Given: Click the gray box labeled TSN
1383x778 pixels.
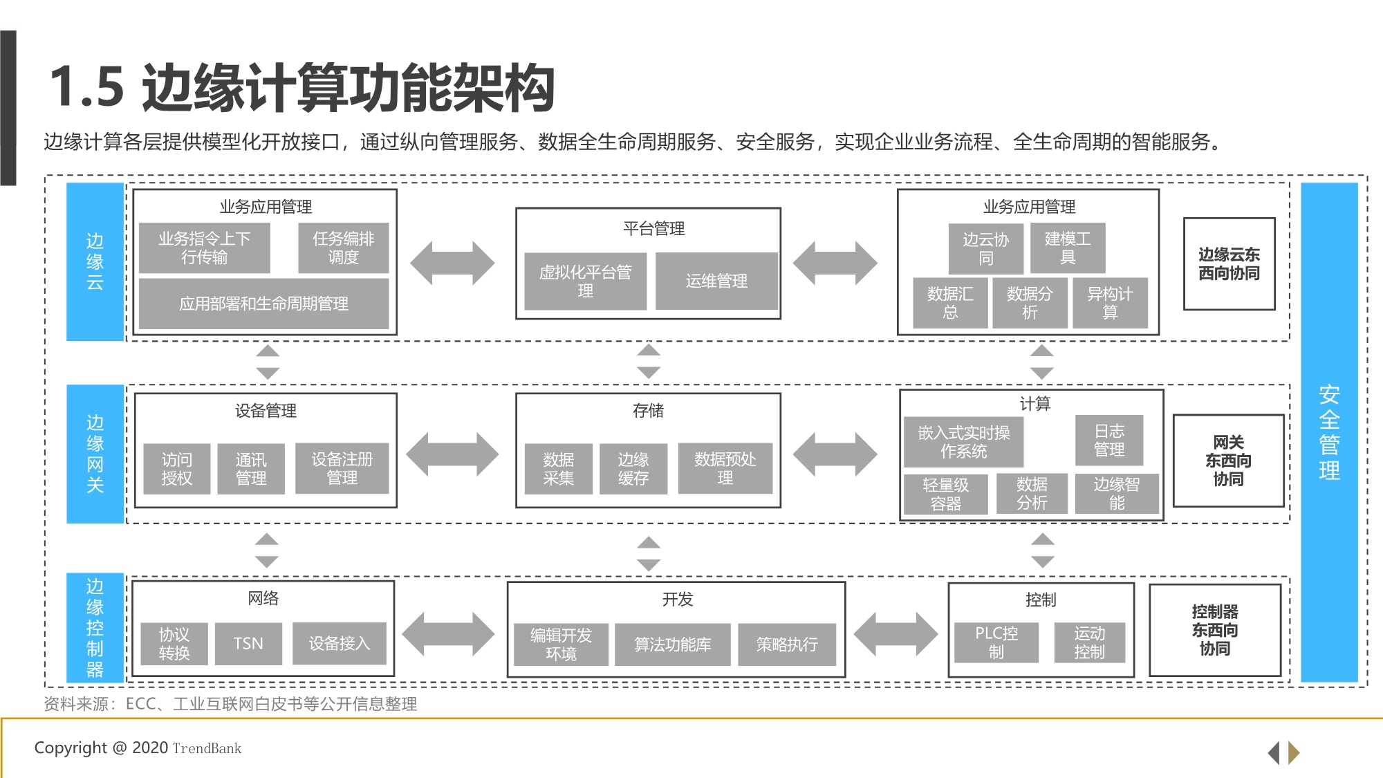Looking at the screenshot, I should pyautogui.click(x=248, y=644).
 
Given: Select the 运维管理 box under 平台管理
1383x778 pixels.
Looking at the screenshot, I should pyautogui.click(x=716, y=281).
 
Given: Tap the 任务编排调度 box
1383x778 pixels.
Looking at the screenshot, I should pyautogui.click(x=343, y=248).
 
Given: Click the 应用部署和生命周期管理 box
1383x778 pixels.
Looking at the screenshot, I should pyautogui.click(x=263, y=304).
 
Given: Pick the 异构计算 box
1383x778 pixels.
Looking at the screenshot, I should pyautogui.click(x=1109, y=303).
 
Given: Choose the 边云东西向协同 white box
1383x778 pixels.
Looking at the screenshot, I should pyautogui.click(x=1229, y=263).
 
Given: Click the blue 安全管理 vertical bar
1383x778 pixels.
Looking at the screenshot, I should pyautogui.click(x=1329, y=432).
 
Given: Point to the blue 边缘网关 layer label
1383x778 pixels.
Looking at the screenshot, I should pyautogui.click(x=95, y=454).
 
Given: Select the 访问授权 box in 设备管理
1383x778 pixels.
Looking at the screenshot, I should pyautogui.click(x=176, y=469).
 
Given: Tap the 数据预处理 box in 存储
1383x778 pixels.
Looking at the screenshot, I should pyautogui.click(x=725, y=468).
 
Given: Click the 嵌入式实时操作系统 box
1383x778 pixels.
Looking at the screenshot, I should pyautogui.click(x=963, y=442).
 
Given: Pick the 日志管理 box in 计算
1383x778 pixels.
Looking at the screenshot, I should pyautogui.click(x=1108, y=441).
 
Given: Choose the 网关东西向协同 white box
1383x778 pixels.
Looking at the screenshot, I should pyautogui.click(x=1228, y=461).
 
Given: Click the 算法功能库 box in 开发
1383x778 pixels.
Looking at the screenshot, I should pyautogui.click(x=672, y=645).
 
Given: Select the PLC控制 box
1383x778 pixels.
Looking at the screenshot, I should pyautogui.click(x=996, y=642).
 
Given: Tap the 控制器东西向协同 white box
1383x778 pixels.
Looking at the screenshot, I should pyautogui.click(x=1214, y=630).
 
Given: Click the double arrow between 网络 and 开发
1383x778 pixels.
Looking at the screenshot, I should pyautogui.click(x=449, y=634).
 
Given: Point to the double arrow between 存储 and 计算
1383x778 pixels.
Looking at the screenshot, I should pyautogui.click(x=835, y=454).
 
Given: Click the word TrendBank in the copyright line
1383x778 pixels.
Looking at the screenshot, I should pyautogui.click(x=207, y=748).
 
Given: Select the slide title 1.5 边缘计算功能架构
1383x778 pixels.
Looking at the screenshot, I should pyautogui.click(x=302, y=88).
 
